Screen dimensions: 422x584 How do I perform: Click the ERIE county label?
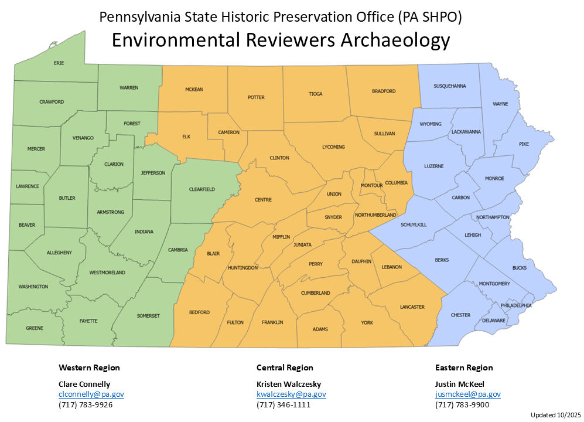[x=59, y=63]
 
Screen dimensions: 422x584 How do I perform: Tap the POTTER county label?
[x=256, y=97]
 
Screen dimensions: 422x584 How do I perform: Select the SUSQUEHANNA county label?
[x=449, y=86]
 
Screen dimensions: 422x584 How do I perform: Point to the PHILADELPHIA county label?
[x=516, y=305]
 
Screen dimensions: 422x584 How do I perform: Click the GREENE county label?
[x=35, y=328]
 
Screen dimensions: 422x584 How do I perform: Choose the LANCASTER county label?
[x=412, y=307]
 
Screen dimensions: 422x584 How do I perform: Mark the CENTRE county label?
[x=263, y=200]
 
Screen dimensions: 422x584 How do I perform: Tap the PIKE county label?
[x=524, y=144]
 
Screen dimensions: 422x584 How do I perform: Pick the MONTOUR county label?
[x=371, y=186]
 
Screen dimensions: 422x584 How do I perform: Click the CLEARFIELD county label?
[x=202, y=189]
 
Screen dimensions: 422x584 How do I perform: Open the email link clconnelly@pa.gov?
[x=91, y=394]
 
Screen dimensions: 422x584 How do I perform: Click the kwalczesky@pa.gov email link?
[x=291, y=394]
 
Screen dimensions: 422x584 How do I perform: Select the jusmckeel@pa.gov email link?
[x=468, y=394]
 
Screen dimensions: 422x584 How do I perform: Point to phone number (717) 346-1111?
[x=284, y=405]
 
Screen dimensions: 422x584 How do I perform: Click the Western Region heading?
[x=89, y=368]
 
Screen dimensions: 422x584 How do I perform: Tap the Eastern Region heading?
[x=464, y=368]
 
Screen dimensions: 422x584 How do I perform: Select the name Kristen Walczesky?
[x=289, y=384]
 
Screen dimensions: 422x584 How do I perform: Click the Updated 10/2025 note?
[x=554, y=415]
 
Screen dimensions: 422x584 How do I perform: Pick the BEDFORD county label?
[x=199, y=312]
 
